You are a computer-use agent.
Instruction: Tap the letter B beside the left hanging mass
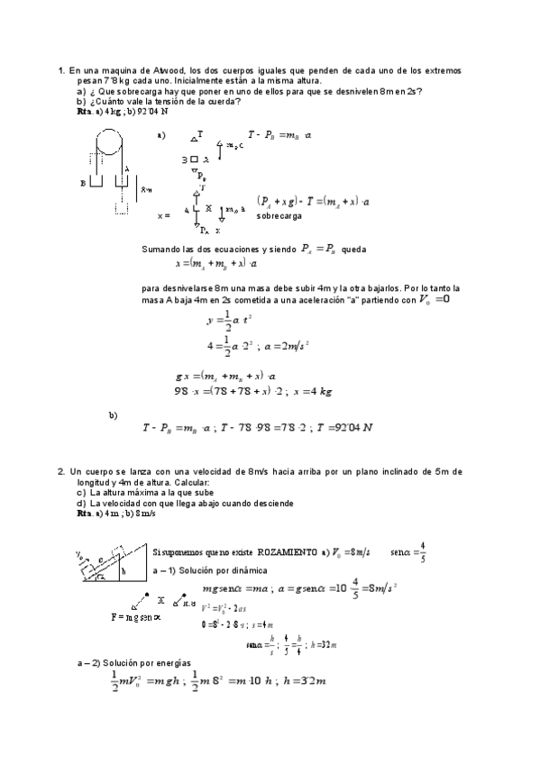(83, 181)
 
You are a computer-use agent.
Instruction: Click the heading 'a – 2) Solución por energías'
(132, 662)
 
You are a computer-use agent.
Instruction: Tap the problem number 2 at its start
(60, 470)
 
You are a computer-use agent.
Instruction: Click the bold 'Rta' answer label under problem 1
(85, 111)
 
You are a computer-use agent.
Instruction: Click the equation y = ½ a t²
(228, 319)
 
